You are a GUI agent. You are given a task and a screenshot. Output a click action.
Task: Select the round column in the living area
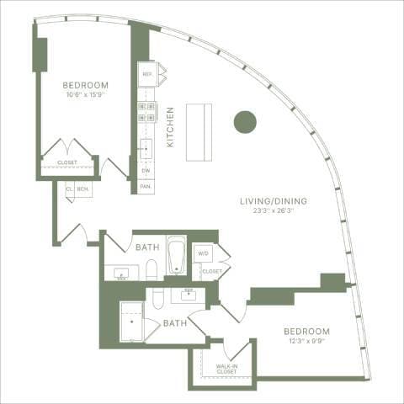tap(245, 121)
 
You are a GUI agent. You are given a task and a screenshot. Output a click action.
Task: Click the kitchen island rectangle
tap(199, 133)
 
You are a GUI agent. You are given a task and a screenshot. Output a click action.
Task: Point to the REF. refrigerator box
tap(148, 74)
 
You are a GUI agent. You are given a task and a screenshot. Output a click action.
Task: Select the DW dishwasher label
tap(146, 169)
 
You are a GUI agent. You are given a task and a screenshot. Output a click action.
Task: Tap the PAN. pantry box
tap(146, 185)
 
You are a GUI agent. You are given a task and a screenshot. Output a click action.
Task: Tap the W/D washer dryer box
tap(204, 252)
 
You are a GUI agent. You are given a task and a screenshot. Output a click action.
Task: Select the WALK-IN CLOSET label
tap(226, 369)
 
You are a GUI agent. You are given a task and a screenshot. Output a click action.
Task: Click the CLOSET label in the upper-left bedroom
tap(66, 162)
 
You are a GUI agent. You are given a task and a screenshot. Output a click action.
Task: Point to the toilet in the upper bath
tap(151, 268)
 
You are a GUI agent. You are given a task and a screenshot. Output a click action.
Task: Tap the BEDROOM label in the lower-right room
tap(306, 331)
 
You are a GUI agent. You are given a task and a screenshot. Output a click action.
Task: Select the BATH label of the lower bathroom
tap(175, 322)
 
